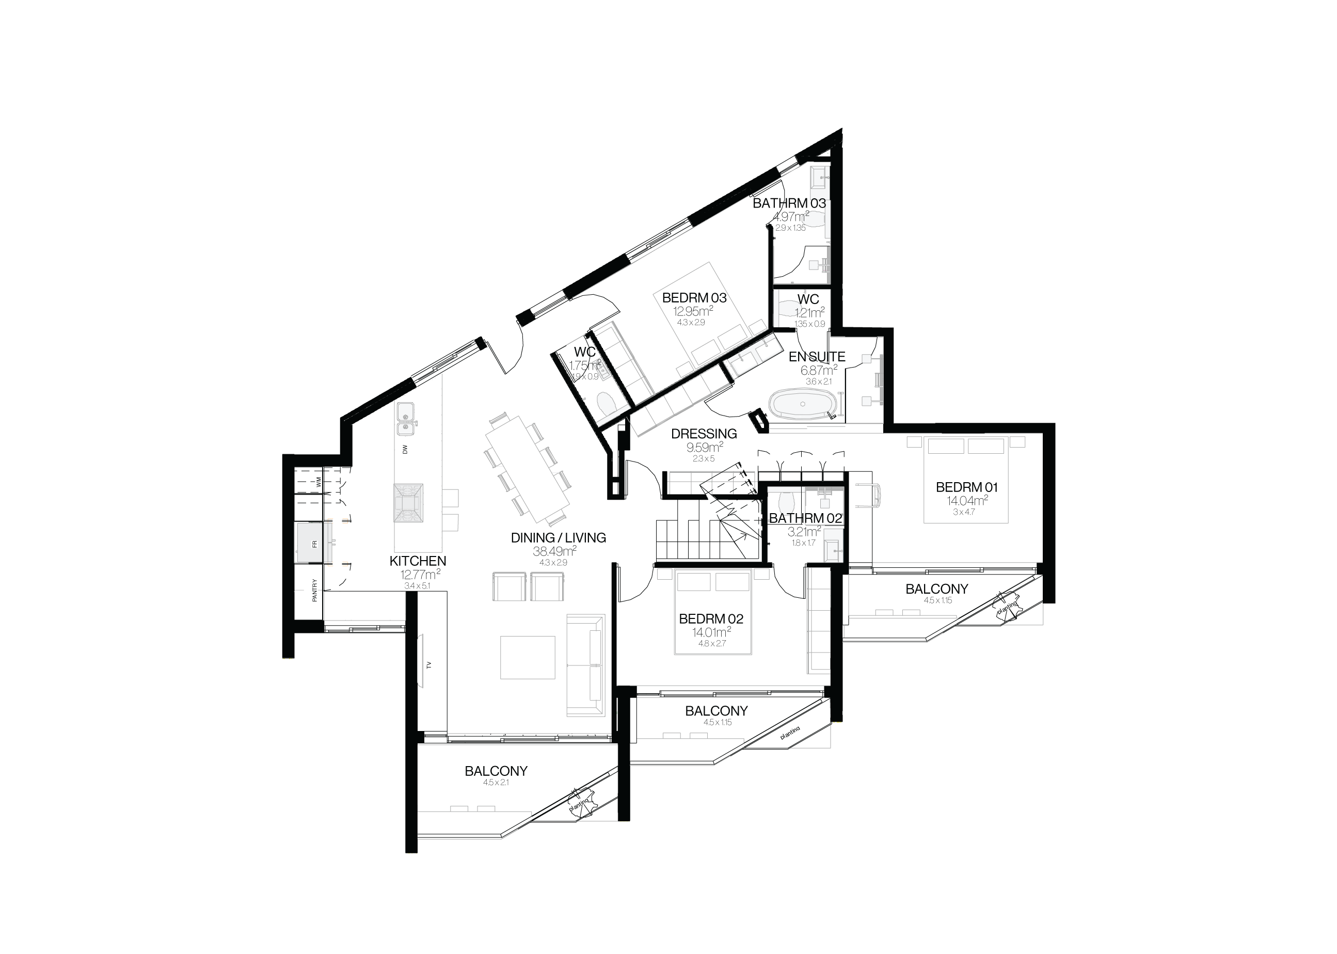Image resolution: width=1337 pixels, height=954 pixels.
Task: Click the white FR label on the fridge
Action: pyautogui.click(x=314, y=544)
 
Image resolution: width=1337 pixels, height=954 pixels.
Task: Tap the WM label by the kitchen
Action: pyautogui.click(x=319, y=482)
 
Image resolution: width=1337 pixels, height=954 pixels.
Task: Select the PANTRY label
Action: pyautogui.click(x=315, y=591)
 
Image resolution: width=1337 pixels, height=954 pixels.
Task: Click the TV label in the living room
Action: pyautogui.click(x=429, y=665)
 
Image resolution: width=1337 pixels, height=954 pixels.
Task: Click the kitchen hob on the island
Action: pyautogui.click(x=408, y=502)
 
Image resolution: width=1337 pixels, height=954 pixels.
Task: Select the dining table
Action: pyautogui.click(x=527, y=469)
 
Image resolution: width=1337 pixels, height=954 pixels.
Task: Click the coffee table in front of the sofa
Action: pyautogui.click(x=528, y=657)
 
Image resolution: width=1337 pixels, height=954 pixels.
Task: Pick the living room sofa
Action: pyautogui.click(x=585, y=664)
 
